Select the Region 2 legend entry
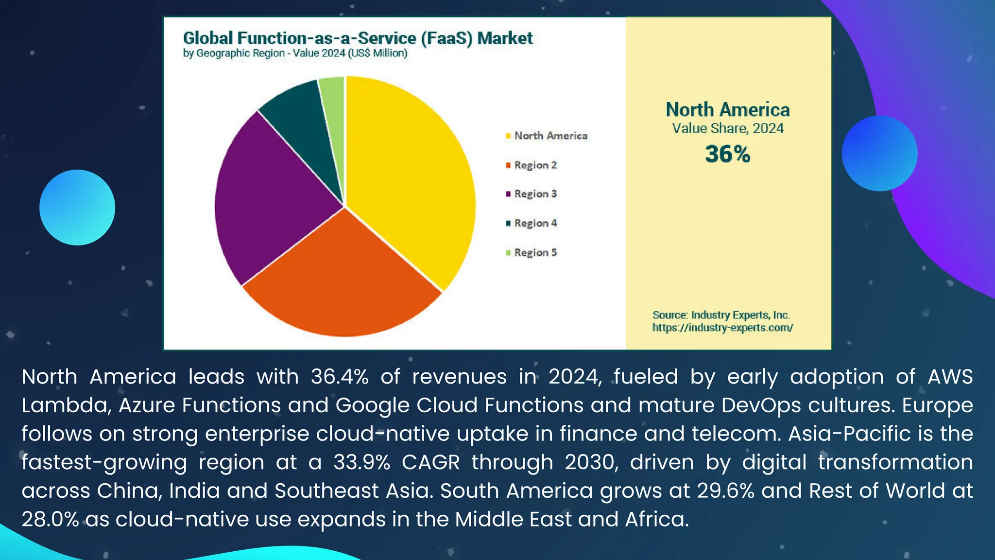pyautogui.click(x=535, y=165)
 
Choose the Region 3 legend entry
pyautogui.click(x=535, y=194)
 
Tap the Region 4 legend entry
pyautogui.click(x=535, y=223)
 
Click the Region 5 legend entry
pyautogui.click(x=535, y=253)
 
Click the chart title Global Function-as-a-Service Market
pyautogui.click(x=358, y=38)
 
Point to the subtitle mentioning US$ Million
pyautogui.click(x=295, y=53)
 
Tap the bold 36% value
pyautogui.click(x=727, y=154)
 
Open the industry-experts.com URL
pyautogui.click(x=722, y=328)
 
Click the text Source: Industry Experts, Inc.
pyautogui.click(x=721, y=315)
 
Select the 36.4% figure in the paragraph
pyautogui.click(x=340, y=377)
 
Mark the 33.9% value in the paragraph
pyautogui.click(x=361, y=462)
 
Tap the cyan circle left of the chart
pyautogui.click(x=77, y=208)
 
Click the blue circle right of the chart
pyautogui.click(x=879, y=154)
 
